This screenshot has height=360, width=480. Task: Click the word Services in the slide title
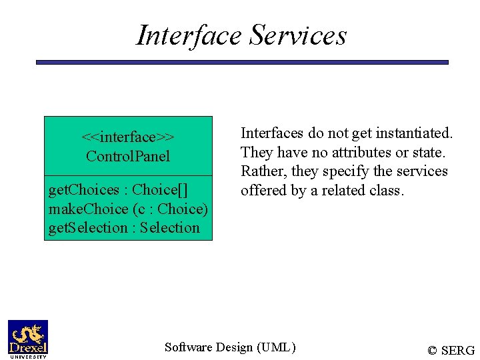coord(298,35)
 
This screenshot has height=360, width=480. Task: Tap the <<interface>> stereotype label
coord(128,137)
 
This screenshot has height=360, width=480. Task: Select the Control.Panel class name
coord(128,157)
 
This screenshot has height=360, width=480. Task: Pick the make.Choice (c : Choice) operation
coord(128,209)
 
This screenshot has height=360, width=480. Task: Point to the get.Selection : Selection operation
coord(124,228)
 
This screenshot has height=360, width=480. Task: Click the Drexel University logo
coord(28,339)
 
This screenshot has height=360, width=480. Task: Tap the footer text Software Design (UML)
coord(230,347)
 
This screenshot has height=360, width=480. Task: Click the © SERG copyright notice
coord(451,351)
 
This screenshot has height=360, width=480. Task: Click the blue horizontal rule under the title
coord(242,62)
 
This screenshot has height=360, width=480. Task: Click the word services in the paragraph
coord(421,172)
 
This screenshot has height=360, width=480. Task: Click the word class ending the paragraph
coord(388,191)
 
